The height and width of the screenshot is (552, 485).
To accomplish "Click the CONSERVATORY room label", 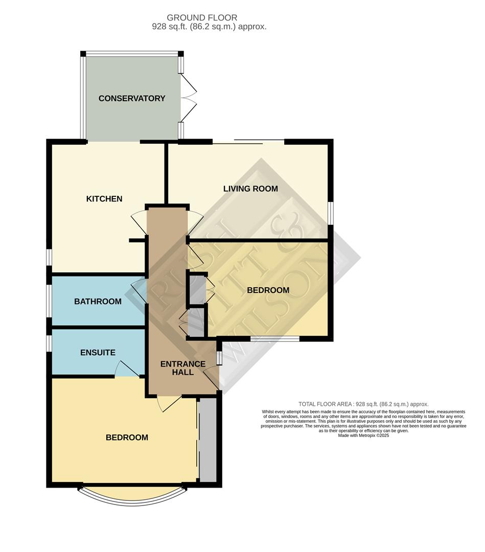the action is (132, 98).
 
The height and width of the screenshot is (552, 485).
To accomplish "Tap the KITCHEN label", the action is (104, 199).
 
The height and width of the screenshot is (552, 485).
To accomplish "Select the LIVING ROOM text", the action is (250, 189).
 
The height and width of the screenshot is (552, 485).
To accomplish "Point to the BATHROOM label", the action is (98, 302).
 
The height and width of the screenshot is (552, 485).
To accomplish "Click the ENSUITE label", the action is (98, 352).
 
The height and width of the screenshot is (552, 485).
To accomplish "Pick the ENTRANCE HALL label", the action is (183, 368).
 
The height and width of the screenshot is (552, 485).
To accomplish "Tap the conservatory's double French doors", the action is (189, 98).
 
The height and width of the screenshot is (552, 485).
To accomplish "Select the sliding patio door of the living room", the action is (248, 142).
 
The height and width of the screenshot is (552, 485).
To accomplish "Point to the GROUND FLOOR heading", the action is (202, 17).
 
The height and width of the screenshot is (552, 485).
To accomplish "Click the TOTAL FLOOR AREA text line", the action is (363, 404).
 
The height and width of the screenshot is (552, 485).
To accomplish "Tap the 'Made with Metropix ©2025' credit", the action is (363, 435).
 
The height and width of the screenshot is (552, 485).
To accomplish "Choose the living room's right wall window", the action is (331, 213).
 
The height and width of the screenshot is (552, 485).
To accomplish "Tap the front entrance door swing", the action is (211, 377).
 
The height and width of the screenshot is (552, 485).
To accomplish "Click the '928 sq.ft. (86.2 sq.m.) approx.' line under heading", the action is (209, 27).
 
